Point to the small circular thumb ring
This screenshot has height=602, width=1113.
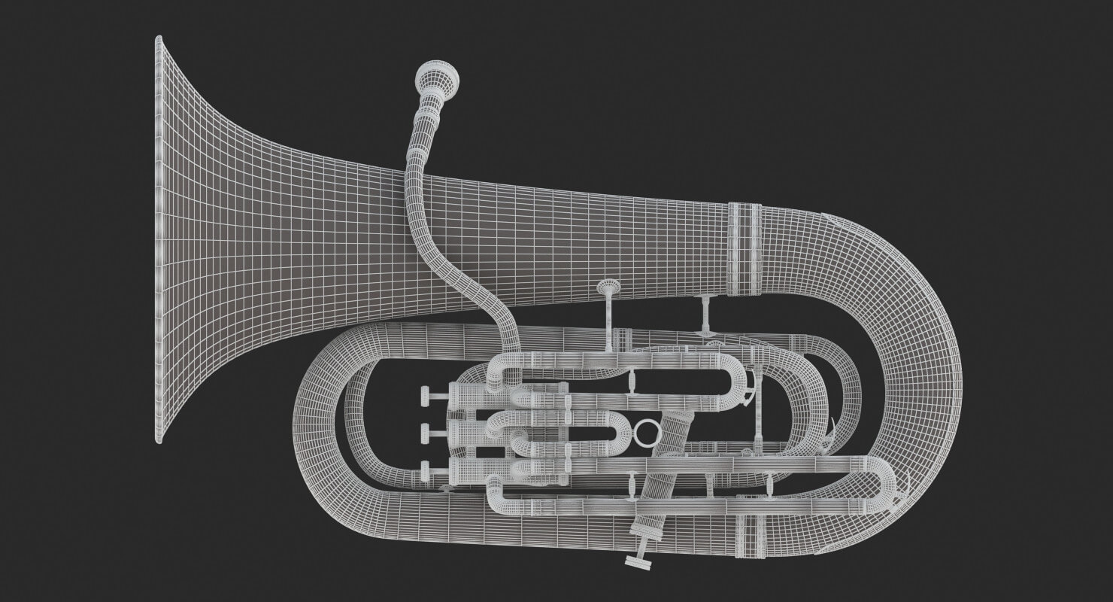[x=646, y=433]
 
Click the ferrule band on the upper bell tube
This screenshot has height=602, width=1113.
[x=745, y=249]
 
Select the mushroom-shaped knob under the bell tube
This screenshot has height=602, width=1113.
[x=608, y=287]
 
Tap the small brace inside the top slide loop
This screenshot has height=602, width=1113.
[x=631, y=380]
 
